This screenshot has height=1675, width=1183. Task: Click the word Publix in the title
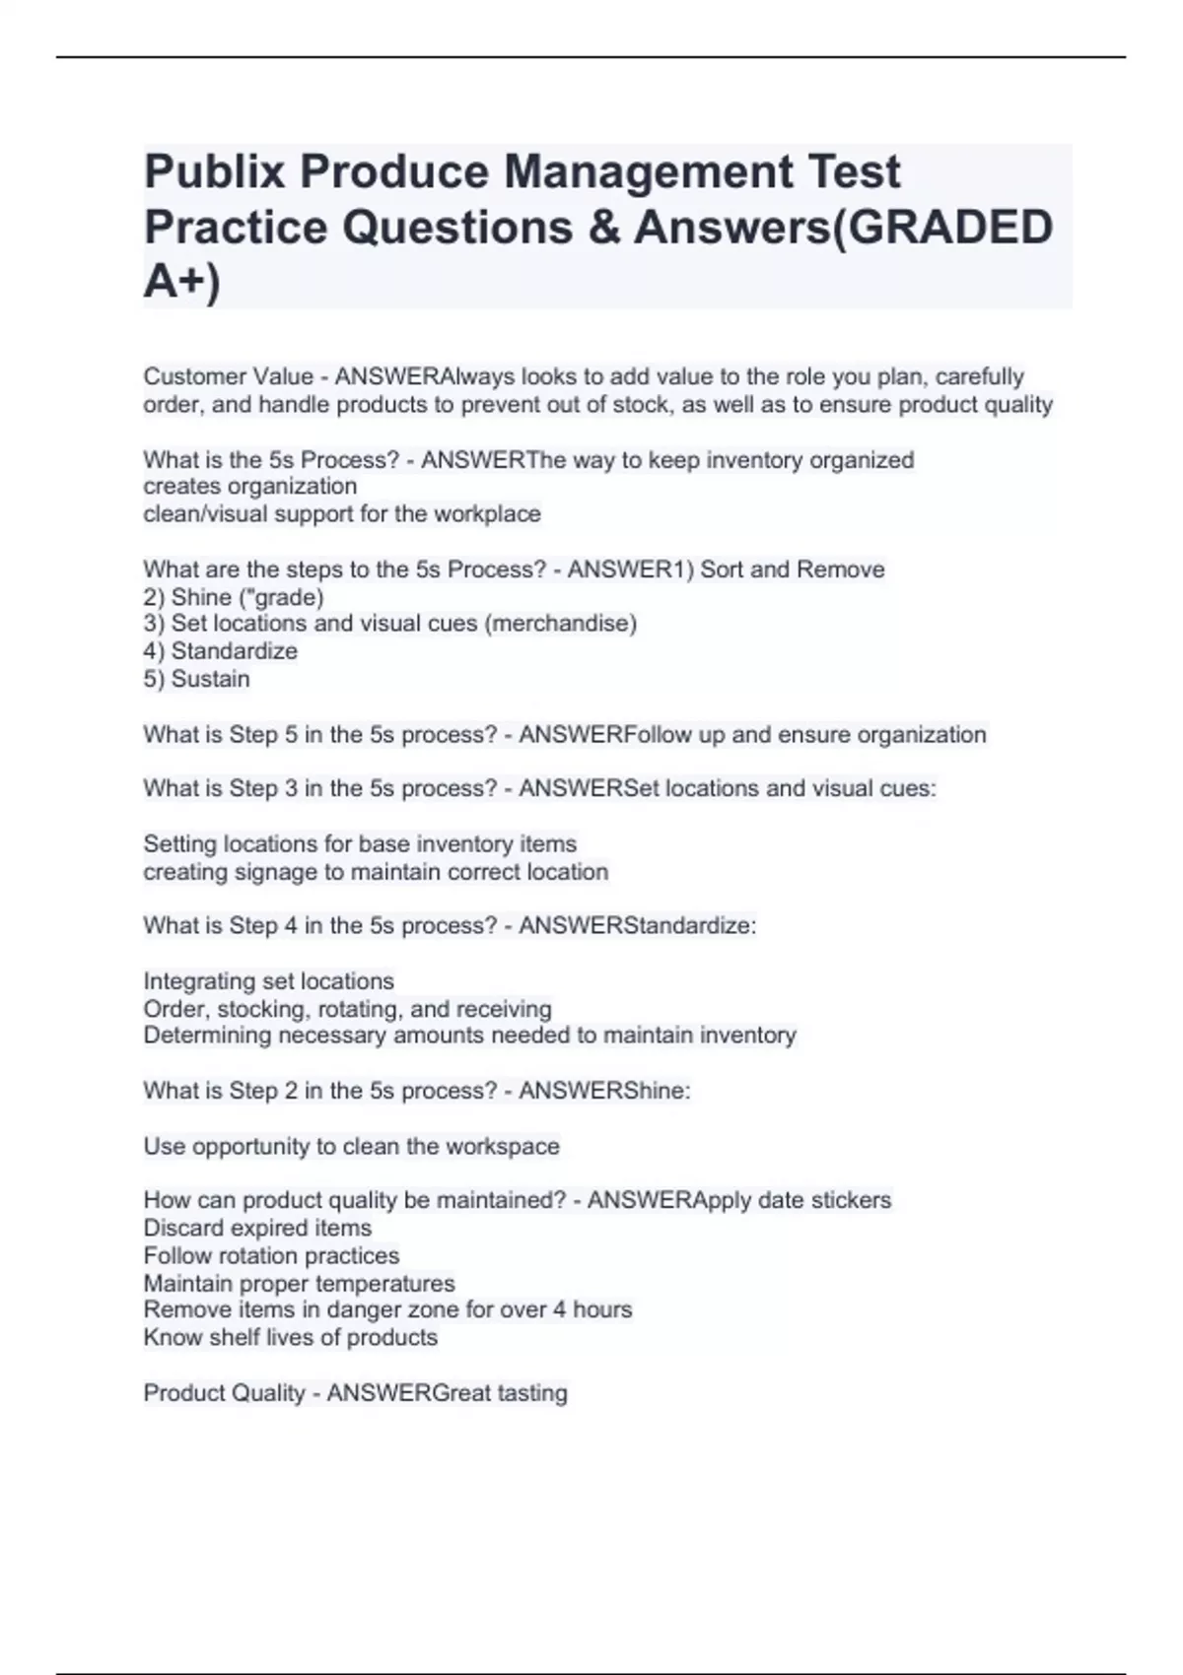click(214, 172)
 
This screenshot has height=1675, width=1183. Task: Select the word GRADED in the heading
click(950, 228)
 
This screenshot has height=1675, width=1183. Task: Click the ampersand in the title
click(602, 228)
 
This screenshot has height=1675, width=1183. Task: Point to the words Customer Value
click(228, 376)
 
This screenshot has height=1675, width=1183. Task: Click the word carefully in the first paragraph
click(980, 376)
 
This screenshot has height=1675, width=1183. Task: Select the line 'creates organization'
click(250, 487)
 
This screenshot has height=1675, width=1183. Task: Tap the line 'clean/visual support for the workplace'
click(342, 514)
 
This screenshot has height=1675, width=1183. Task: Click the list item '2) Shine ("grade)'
click(234, 597)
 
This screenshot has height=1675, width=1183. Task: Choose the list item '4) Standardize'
click(221, 651)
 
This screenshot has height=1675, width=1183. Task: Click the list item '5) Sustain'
click(197, 679)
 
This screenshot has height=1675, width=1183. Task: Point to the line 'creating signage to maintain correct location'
click(376, 872)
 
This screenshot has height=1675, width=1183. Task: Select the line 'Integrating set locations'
click(268, 981)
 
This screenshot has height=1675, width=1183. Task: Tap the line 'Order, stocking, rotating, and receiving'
click(347, 1009)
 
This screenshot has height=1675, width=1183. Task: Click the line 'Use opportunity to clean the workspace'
click(351, 1147)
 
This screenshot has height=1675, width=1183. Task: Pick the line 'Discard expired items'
click(257, 1229)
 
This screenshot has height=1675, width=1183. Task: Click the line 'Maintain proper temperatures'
click(299, 1284)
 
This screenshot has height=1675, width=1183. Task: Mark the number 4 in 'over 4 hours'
click(559, 1309)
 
